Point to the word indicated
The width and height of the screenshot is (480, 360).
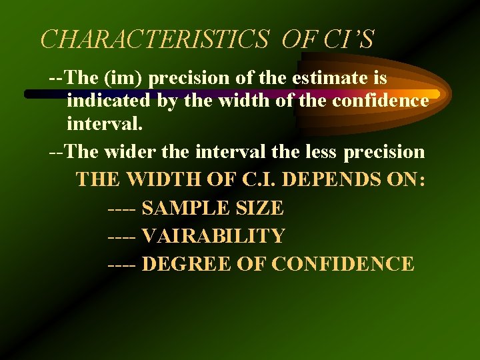tap(109, 102)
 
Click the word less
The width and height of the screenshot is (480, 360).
tap(318, 152)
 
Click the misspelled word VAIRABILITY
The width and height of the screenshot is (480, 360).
tap(213, 236)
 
